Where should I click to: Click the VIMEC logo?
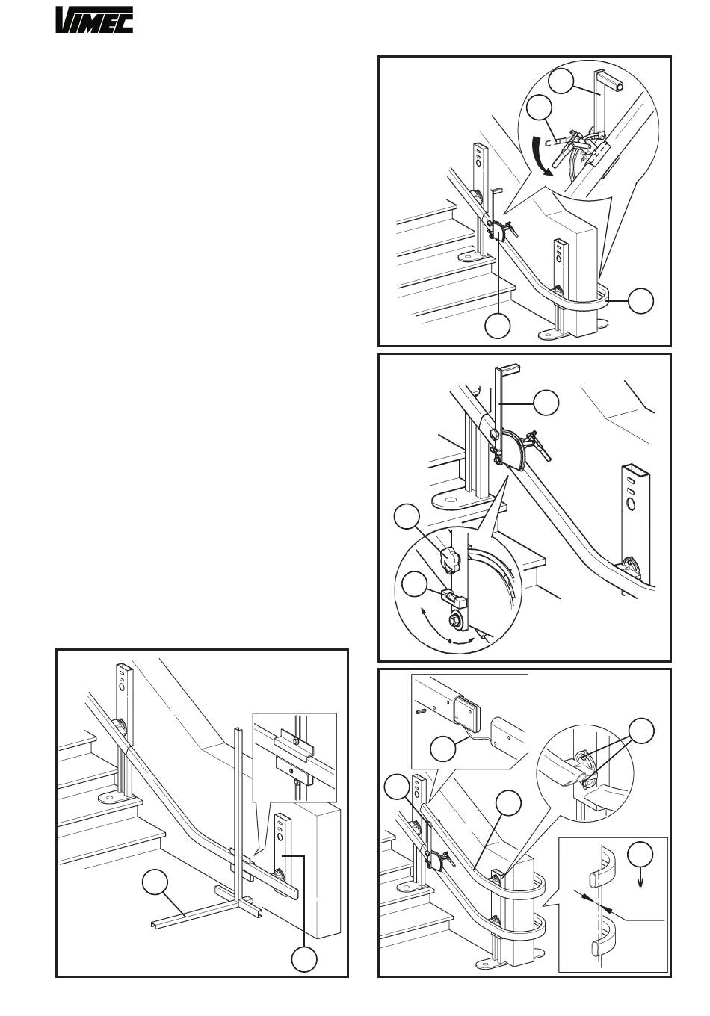pos(94,20)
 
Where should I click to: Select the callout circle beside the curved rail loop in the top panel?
pos(641,300)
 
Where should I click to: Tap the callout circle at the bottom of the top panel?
pos(498,326)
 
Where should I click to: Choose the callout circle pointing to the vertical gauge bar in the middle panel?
pos(546,403)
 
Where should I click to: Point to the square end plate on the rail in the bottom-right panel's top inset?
pos(467,715)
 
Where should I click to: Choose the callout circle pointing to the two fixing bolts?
pos(641,731)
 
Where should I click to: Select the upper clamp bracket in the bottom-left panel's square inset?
pos(295,743)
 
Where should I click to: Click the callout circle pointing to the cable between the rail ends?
pos(442,749)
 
